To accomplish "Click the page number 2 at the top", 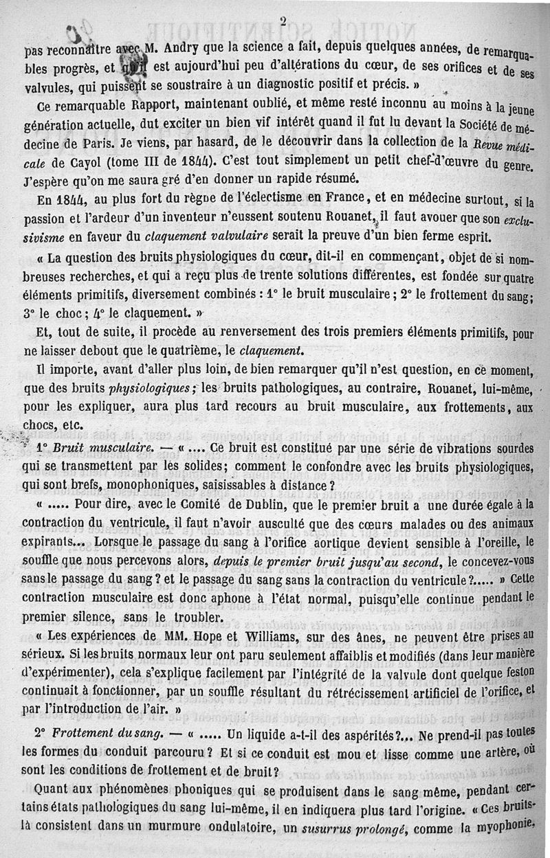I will [283, 20].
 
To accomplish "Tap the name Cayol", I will [83, 162].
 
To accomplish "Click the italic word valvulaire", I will [230, 237].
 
